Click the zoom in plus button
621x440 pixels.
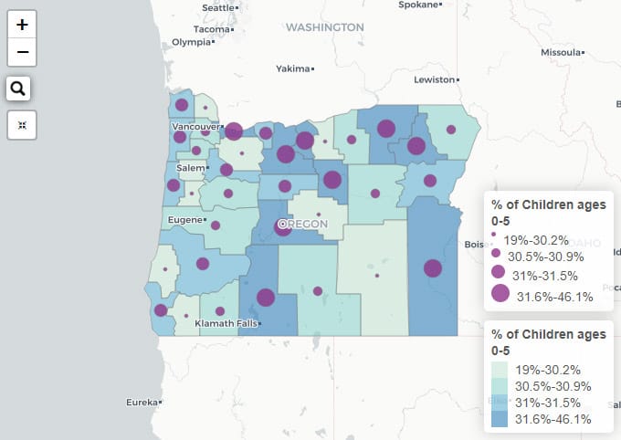click(x=22, y=25)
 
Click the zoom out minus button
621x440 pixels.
click(x=22, y=53)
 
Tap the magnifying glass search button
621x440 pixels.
click(x=19, y=89)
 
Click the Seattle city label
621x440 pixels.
click(x=218, y=7)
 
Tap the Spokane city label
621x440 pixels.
click(x=418, y=5)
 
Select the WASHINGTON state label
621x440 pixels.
click(x=324, y=27)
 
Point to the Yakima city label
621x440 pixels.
click(x=293, y=68)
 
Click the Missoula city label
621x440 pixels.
click(x=559, y=52)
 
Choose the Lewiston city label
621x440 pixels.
click(x=433, y=80)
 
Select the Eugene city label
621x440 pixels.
click(x=184, y=220)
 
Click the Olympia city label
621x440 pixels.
click(x=191, y=42)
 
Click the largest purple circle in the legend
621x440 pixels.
click(x=500, y=293)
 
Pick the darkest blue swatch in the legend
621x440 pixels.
click(x=500, y=419)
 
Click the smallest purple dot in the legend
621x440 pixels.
click(x=494, y=236)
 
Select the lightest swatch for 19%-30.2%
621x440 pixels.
click(x=500, y=369)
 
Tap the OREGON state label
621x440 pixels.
click(x=306, y=224)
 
